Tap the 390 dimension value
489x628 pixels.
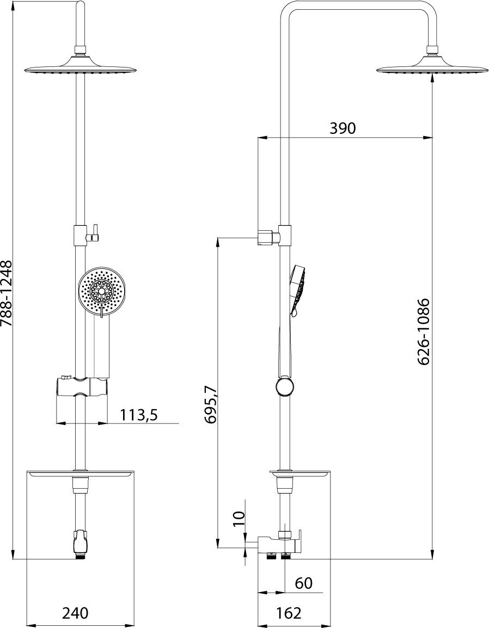343,128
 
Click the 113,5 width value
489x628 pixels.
139,415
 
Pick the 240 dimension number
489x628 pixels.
75,613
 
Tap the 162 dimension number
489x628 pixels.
289,613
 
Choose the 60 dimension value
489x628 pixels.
304,583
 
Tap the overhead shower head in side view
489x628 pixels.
432,69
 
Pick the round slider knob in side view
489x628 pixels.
284,387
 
